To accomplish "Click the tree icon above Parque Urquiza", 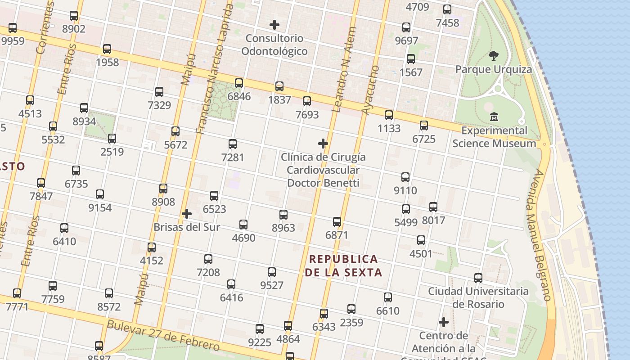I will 494,56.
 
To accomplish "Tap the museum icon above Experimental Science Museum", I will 494,117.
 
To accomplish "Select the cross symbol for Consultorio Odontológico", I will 274,25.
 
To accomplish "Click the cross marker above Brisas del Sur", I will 187,214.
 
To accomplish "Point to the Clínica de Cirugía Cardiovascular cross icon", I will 323,144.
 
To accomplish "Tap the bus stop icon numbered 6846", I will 239,83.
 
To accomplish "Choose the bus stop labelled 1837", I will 279,86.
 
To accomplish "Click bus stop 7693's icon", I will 307,101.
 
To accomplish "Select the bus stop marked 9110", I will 405,177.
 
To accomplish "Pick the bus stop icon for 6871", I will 337,221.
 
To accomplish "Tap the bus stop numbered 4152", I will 152,247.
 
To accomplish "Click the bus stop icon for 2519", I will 112,139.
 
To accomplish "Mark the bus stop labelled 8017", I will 433,207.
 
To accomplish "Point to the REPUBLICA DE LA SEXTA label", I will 344,265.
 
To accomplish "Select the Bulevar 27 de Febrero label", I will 163,335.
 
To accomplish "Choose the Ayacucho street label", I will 371,90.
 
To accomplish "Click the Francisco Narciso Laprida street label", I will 214,70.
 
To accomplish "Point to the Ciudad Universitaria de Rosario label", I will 478,297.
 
